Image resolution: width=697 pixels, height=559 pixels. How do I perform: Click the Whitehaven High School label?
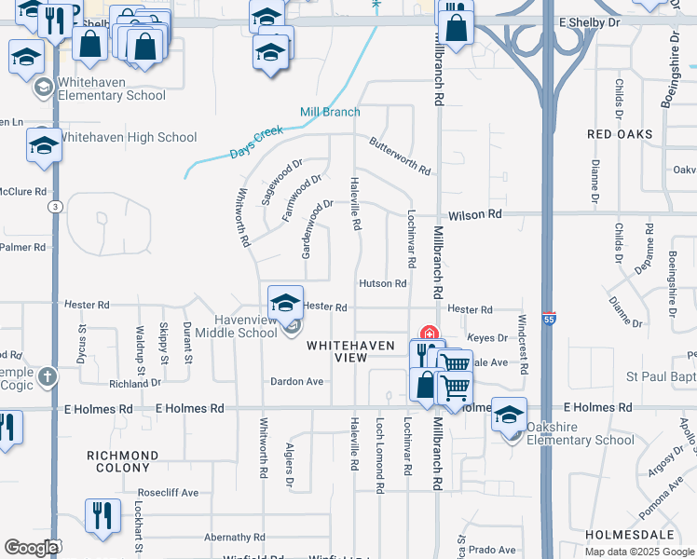pyautogui.click(x=129, y=138)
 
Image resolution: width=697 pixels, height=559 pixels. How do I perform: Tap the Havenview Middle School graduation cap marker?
pyautogui.click(x=286, y=302)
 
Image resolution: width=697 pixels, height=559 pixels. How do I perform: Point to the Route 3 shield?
pyautogui.click(x=56, y=206)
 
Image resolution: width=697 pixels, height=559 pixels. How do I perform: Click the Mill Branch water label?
pyautogui.click(x=330, y=112)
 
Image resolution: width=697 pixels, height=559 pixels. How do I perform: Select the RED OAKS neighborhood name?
pyautogui.click(x=621, y=134)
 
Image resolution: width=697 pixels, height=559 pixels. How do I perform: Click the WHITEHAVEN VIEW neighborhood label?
pyautogui.click(x=337, y=351)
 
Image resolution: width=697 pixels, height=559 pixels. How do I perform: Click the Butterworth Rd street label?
pyautogui.click(x=400, y=157)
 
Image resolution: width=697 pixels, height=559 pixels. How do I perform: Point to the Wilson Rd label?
pyautogui.click(x=474, y=214)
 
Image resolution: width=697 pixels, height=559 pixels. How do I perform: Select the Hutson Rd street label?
pyautogui.click(x=383, y=283)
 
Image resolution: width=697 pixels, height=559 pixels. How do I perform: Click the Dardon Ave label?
pyautogui.click(x=296, y=381)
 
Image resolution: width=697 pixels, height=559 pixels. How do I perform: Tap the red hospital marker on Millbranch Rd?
pyautogui.click(x=430, y=334)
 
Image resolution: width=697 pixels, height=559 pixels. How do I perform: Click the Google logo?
pyautogui.click(x=31, y=548)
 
